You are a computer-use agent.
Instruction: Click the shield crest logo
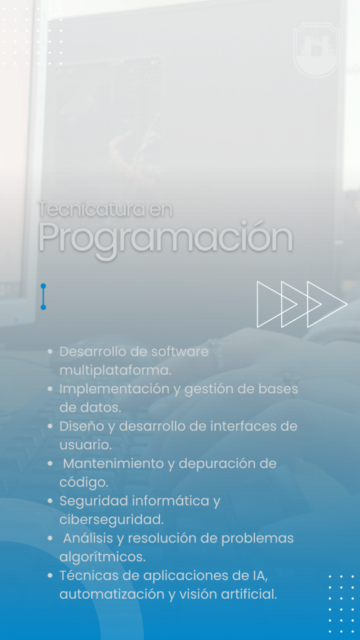click(316, 50)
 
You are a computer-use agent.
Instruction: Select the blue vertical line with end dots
click(43, 297)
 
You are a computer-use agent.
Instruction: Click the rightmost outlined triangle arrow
click(327, 304)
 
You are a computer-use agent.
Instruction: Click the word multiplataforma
click(116, 371)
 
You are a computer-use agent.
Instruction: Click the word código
click(84, 482)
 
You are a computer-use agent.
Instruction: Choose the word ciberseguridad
click(111, 519)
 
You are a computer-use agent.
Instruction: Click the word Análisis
click(88, 538)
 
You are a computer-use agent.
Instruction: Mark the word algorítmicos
click(102, 557)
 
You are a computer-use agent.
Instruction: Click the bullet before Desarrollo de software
click(50, 351)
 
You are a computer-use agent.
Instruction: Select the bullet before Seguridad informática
click(50, 501)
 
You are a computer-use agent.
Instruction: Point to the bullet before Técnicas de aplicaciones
click(50, 576)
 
